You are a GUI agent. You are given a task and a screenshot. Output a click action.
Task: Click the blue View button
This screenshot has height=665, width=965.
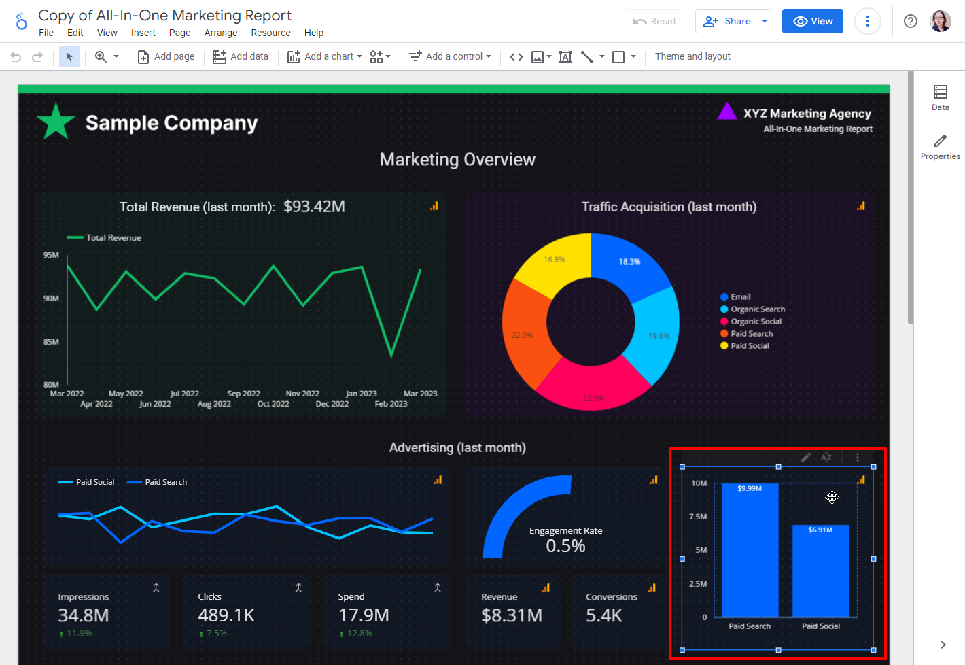pyautogui.click(x=812, y=21)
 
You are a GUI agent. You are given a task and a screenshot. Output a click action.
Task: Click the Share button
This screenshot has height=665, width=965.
pyautogui.click(x=727, y=21)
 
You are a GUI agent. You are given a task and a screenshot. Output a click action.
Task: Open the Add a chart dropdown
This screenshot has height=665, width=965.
pyautogui.click(x=324, y=56)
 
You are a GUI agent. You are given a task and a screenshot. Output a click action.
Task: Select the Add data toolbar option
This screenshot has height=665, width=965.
pyautogui.click(x=241, y=56)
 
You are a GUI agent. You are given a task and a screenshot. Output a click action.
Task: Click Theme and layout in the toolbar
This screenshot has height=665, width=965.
pyautogui.click(x=692, y=56)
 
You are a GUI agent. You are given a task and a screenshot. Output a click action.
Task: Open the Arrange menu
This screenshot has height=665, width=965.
pyautogui.click(x=221, y=33)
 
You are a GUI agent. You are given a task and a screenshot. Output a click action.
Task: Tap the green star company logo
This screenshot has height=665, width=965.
pyautogui.click(x=56, y=122)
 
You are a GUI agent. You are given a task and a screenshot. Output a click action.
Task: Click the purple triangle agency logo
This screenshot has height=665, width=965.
pyautogui.click(x=726, y=112)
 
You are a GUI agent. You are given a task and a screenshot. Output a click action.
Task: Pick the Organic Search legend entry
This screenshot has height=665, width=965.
pyautogui.click(x=757, y=309)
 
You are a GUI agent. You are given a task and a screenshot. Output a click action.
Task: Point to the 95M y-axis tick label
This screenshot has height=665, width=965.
pyautogui.click(x=51, y=255)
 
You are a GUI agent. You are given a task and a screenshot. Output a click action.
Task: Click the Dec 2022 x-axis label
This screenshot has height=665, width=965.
pyautogui.click(x=332, y=404)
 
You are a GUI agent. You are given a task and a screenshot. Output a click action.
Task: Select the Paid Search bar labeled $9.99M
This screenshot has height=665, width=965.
pyautogui.click(x=750, y=551)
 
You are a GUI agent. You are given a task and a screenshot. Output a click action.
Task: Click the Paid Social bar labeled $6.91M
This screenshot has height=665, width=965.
pyautogui.click(x=820, y=571)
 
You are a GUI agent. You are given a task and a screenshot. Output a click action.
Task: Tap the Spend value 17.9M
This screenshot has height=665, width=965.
pyautogui.click(x=364, y=615)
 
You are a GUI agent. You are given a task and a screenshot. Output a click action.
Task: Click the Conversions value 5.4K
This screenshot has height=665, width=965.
pyautogui.click(x=603, y=615)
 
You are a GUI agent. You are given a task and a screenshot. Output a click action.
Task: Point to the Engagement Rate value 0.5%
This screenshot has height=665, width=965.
pyautogui.click(x=565, y=546)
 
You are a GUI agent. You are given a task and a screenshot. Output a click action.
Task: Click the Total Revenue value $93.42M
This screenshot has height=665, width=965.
pyautogui.click(x=314, y=207)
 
